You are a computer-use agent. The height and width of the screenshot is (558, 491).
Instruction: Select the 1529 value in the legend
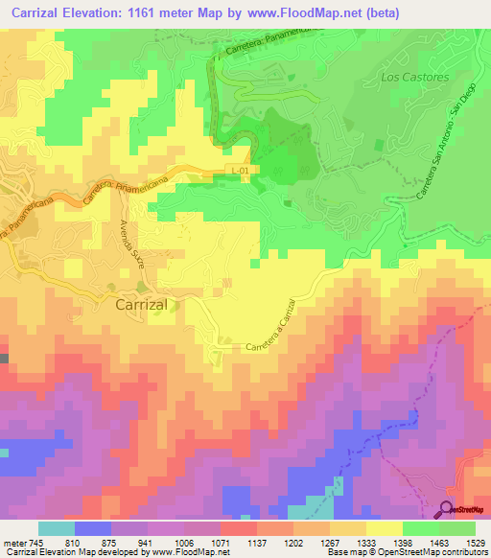point(475,542)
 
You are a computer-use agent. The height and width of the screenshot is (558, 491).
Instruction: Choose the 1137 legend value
point(257,542)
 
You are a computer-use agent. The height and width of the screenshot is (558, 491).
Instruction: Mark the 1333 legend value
point(366,542)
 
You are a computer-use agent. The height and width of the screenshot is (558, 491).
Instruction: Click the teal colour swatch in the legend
point(57,528)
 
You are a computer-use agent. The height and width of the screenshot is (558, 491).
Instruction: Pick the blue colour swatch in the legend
point(93,528)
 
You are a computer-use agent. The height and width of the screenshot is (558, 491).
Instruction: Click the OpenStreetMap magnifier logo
point(448,509)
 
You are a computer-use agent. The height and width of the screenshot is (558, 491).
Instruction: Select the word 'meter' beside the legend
point(15,542)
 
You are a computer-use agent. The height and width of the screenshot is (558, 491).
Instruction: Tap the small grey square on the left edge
point(4,359)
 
